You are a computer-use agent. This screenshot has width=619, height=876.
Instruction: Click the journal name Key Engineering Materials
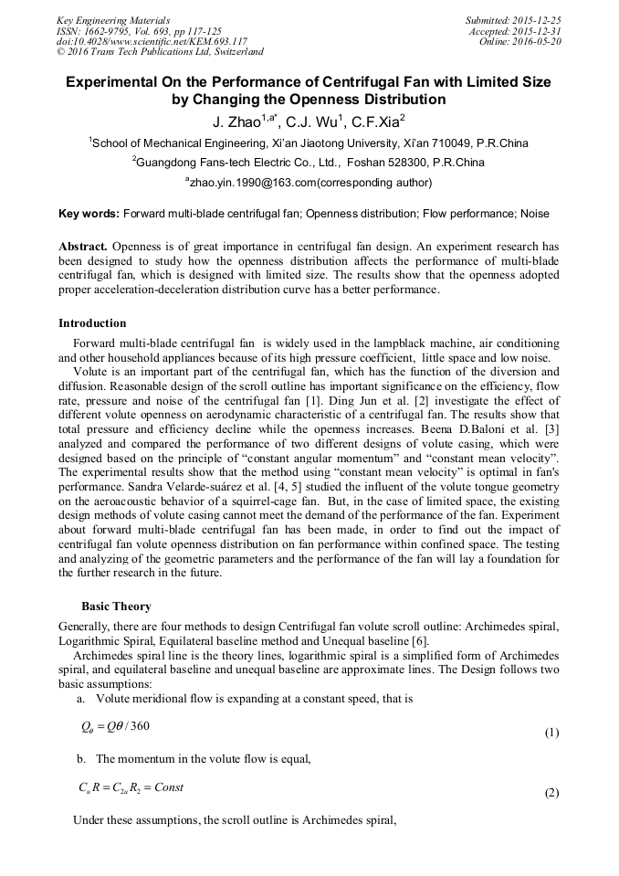coord(113,20)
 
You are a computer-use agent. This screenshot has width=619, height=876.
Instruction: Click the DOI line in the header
coord(152,42)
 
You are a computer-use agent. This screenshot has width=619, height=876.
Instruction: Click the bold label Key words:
coord(89,214)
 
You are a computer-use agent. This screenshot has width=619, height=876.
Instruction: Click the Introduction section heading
coord(92,323)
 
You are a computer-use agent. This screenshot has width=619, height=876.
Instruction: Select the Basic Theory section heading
coord(116,607)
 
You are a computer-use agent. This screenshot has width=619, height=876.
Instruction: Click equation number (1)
coord(551,733)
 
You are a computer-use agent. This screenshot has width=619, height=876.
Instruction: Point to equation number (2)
coord(551,793)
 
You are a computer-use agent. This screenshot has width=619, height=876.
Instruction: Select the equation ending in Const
coord(131,787)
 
